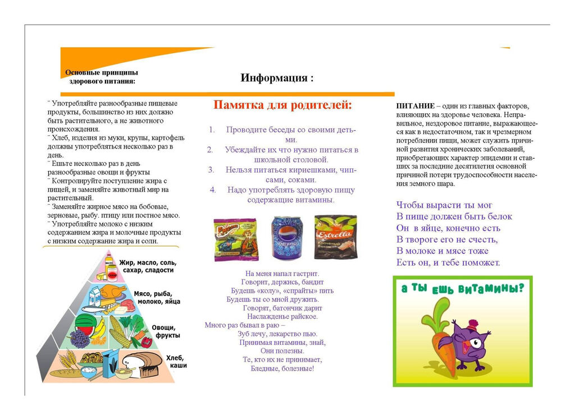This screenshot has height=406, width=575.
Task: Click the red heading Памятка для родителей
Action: click(283, 105)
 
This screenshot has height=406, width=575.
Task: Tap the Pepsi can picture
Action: click(286, 238)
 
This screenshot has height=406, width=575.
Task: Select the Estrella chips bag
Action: click(336, 237)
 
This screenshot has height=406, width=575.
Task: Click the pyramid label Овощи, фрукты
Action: click(166, 331)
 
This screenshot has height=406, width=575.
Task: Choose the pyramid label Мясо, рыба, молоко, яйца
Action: click(157, 297)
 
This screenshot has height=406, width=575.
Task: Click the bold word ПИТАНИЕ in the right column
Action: click(416, 106)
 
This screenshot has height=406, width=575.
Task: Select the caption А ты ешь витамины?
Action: click(462, 288)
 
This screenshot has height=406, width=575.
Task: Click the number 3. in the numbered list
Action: click(211, 169)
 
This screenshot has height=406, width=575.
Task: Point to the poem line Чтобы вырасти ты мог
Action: click(444, 205)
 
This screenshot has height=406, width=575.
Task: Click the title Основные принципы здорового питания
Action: click(102, 76)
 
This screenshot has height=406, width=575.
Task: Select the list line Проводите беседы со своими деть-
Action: click(291, 130)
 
